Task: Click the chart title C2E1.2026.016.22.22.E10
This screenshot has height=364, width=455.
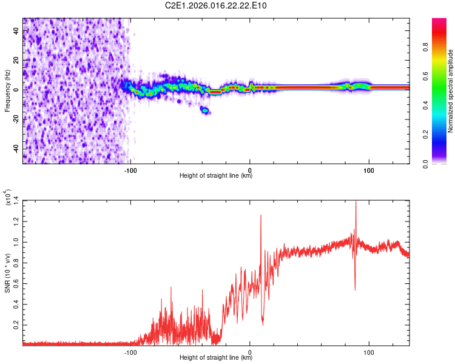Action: pos(217,5)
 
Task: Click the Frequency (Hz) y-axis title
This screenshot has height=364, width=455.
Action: pos(7,90)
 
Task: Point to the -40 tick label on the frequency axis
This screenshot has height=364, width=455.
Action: pos(16,149)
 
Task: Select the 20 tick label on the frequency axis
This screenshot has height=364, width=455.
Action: pos(16,60)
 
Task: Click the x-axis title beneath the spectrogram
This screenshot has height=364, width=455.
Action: pos(216,176)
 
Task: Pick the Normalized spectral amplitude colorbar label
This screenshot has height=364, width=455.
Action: pos(451,91)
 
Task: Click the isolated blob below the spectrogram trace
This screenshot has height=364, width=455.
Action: pos(205,110)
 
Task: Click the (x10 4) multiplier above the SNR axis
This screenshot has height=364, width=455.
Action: pos(7,198)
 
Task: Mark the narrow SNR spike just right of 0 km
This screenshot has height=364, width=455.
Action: pos(261,216)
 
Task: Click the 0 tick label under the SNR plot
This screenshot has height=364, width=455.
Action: pos(250,351)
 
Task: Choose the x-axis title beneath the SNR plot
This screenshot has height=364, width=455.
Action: pos(216,358)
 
